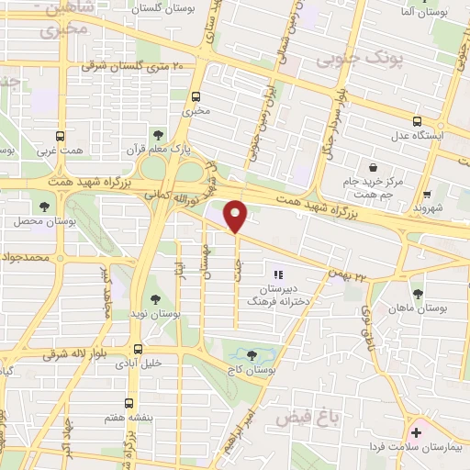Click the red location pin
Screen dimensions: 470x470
tap(236, 216)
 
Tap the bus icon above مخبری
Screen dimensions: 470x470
tap(196, 95)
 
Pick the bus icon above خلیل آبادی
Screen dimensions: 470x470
tap(138, 349)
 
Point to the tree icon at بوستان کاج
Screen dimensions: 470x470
tap(252, 353)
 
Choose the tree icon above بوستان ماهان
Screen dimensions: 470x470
tap(418, 295)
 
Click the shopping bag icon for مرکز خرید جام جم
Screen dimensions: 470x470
tap(373, 167)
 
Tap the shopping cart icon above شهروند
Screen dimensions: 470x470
tap(428, 194)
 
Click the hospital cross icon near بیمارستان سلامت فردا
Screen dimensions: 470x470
tap(416, 431)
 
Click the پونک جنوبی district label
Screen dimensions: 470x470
tap(359, 60)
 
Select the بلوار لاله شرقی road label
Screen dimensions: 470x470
tap(49, 353)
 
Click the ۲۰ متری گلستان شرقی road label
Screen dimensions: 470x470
tap(133, 65)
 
